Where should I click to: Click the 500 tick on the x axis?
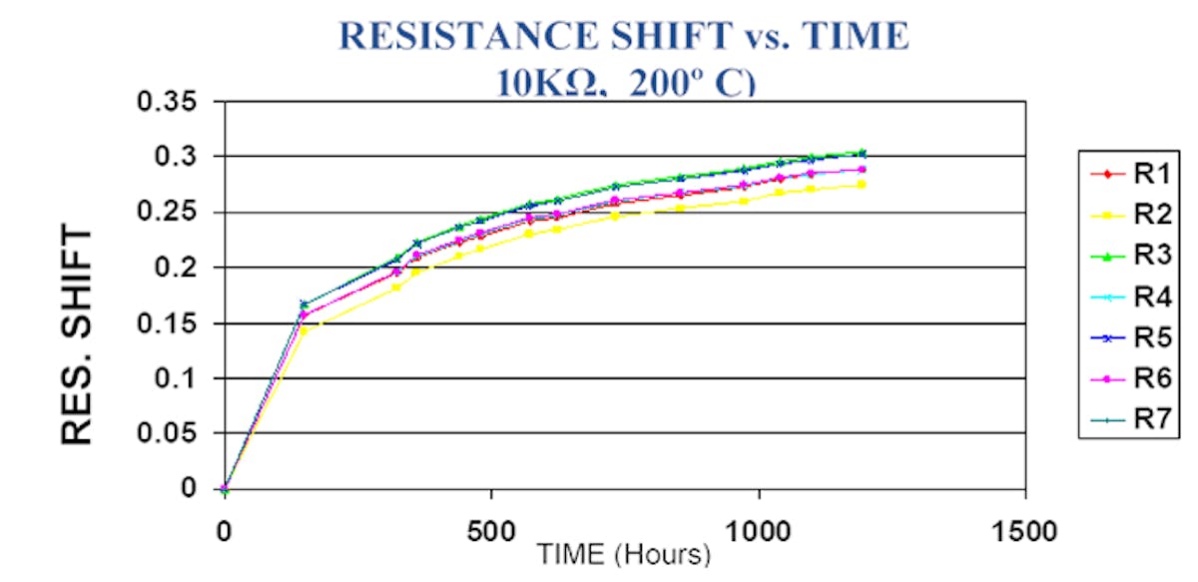[x=491, y=530]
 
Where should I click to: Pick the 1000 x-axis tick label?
[x=759, y=530]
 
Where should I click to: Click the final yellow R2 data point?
[x=861, y=185]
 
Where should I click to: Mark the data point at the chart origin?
[x=225, y=489]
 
